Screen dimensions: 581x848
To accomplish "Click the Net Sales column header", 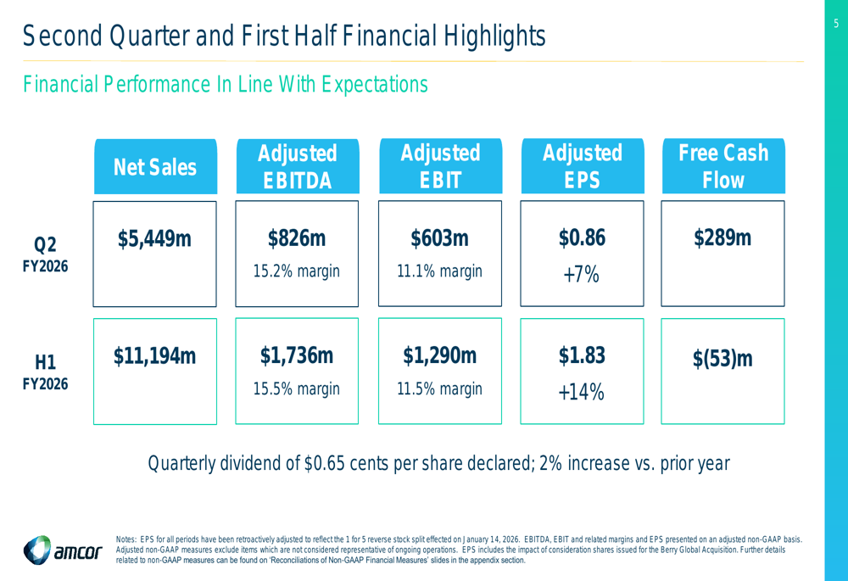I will (155, 167).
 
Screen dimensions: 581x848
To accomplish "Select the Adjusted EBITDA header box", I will (297, 167).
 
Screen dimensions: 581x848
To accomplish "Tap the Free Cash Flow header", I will (722, 167).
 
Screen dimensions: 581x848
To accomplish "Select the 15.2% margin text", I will (297, 271).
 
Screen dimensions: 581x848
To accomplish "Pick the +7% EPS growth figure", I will (582, 275).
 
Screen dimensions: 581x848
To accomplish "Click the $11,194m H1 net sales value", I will (154, 357).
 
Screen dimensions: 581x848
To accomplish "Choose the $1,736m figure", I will (297, 357).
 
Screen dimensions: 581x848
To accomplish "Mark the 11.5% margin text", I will (439, 389).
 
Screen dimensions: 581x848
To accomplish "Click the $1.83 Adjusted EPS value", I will (582, 357).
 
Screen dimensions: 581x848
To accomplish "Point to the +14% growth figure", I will (582, 392).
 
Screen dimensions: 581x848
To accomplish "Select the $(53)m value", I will (722, 360).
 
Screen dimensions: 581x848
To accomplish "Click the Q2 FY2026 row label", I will (45, 255).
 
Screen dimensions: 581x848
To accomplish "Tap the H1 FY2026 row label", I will (45, 373).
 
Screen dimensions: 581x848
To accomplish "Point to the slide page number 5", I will (835, 24).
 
